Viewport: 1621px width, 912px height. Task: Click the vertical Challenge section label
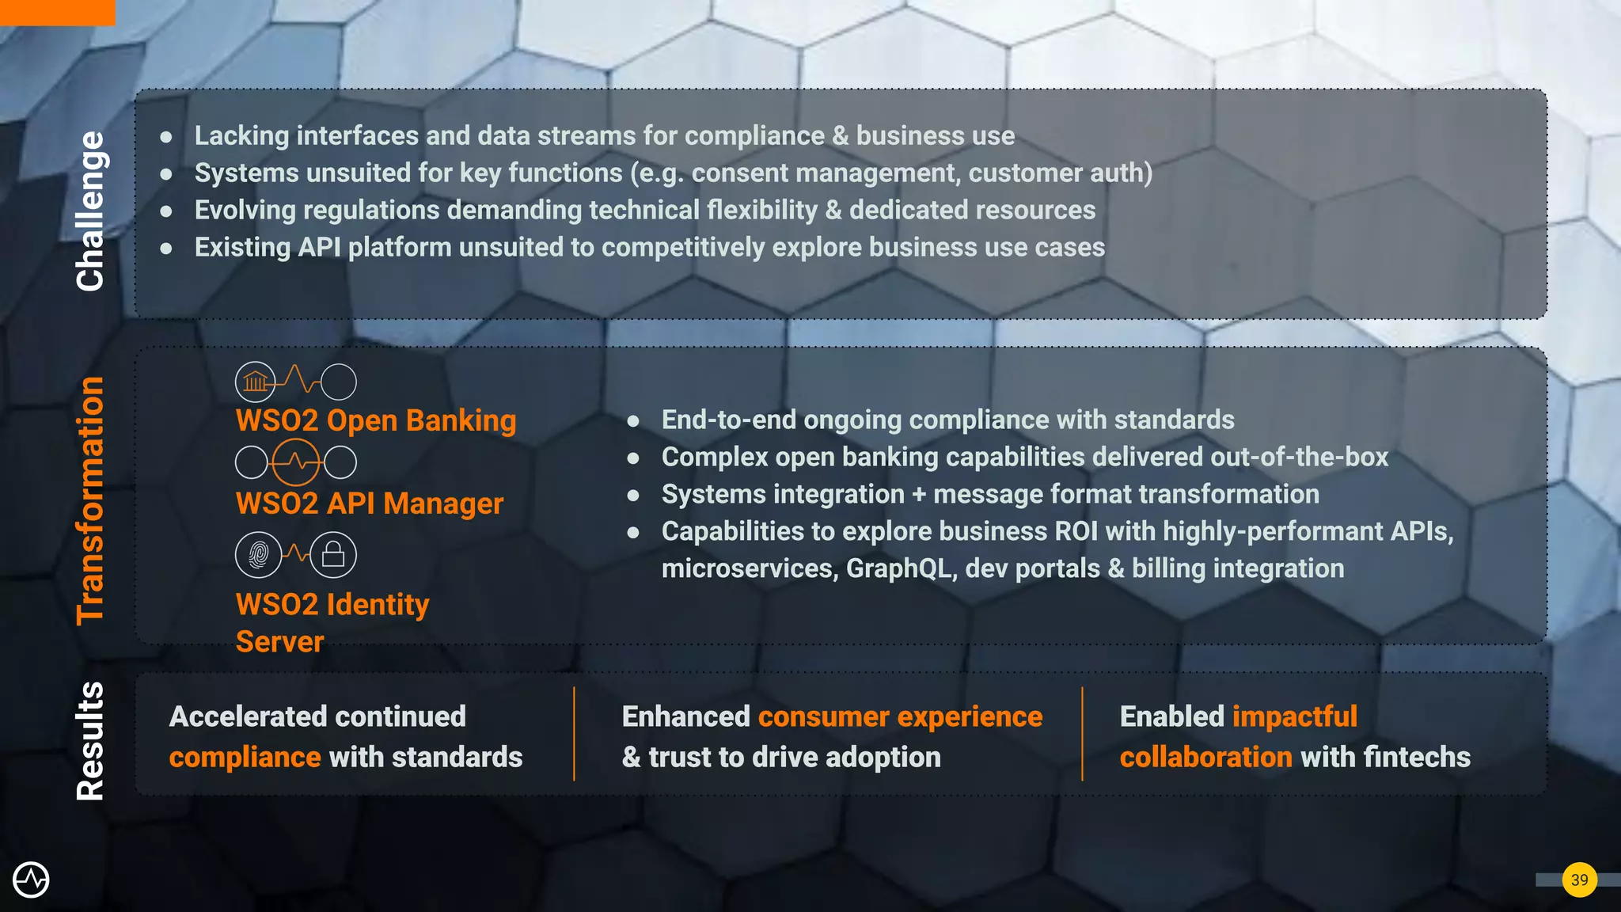coord(90,211)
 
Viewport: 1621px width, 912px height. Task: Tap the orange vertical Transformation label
coord(90,500)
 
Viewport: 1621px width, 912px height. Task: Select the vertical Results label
coord(90,740)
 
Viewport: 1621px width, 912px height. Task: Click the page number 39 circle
coord(1579,880)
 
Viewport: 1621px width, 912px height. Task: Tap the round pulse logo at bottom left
coord(31,880)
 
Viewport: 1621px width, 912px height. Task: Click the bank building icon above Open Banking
coord(255,382)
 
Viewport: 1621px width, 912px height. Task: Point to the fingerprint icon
coord(258,554)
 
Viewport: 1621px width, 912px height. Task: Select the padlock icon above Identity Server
coord(333,554)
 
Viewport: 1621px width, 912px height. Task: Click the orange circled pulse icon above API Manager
coord(296,462)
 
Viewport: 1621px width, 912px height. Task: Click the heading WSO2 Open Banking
coord(375,420)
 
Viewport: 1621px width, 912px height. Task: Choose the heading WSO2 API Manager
coord(369,503)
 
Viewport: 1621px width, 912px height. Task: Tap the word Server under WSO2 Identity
coord(279,641)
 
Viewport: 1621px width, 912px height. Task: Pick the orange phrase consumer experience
coord(900,716)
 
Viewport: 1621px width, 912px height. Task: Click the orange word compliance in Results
coord(245,757)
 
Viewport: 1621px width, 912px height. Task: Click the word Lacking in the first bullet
coord(241,135)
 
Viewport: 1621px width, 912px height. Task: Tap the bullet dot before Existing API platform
coord(166,248)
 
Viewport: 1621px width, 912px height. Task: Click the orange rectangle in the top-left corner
coord(57,12)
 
